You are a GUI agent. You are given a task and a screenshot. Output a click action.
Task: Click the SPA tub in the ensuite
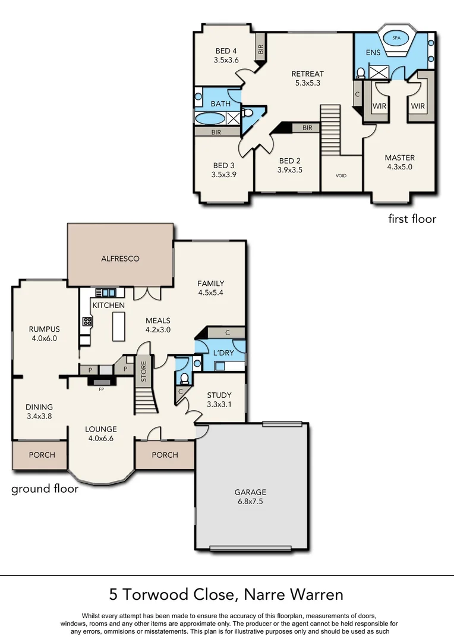[x=396, y=37]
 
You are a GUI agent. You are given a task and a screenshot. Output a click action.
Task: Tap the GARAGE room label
[x=250, y=492]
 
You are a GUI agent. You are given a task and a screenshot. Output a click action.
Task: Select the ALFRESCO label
[x=120, y=259]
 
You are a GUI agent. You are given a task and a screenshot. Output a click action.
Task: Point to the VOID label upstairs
[x=340, y=176]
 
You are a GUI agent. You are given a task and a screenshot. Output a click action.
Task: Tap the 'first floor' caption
[x=412, y=219]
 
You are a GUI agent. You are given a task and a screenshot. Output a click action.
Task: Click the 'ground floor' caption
[x=45, y=489]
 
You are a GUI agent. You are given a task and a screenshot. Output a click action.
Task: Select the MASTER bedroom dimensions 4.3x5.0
[x=399, y=167]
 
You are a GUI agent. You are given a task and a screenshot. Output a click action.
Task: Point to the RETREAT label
[x=307, y=74]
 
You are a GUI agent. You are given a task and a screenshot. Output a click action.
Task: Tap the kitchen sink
[x=109, y=292]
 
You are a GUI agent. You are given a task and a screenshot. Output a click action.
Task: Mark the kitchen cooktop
[x=87, y=322]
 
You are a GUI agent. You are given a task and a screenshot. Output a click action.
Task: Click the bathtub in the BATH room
[x=210, y=118]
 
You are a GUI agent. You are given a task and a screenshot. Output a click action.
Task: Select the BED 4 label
[x=226, y=51]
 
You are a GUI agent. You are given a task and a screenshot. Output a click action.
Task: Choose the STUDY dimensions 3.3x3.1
[x=219, y=405]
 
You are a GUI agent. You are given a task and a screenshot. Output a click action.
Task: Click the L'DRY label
[x=223, y=354]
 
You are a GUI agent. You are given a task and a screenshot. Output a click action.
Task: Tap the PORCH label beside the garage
[x=165, y=455]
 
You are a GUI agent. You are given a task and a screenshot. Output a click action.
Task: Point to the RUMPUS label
[x=45, y=329]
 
